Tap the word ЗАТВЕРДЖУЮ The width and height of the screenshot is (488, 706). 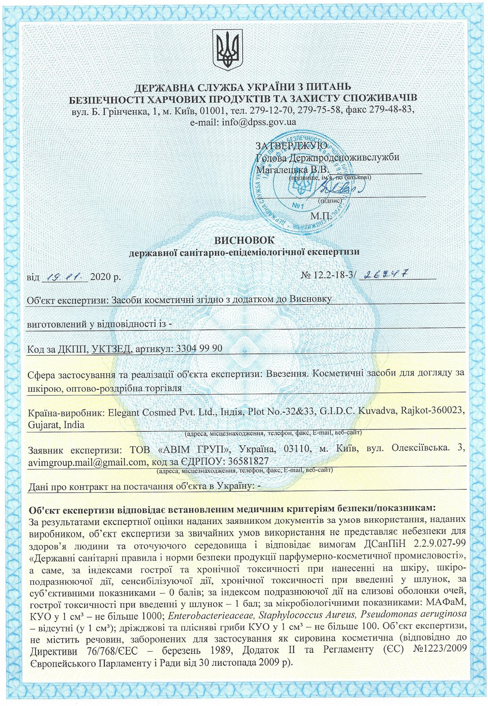(291, 145)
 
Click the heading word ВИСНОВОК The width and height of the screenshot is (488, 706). (244, 240)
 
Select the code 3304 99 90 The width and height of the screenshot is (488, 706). (199, 348)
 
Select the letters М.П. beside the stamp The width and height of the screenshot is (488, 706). (321, 216)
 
